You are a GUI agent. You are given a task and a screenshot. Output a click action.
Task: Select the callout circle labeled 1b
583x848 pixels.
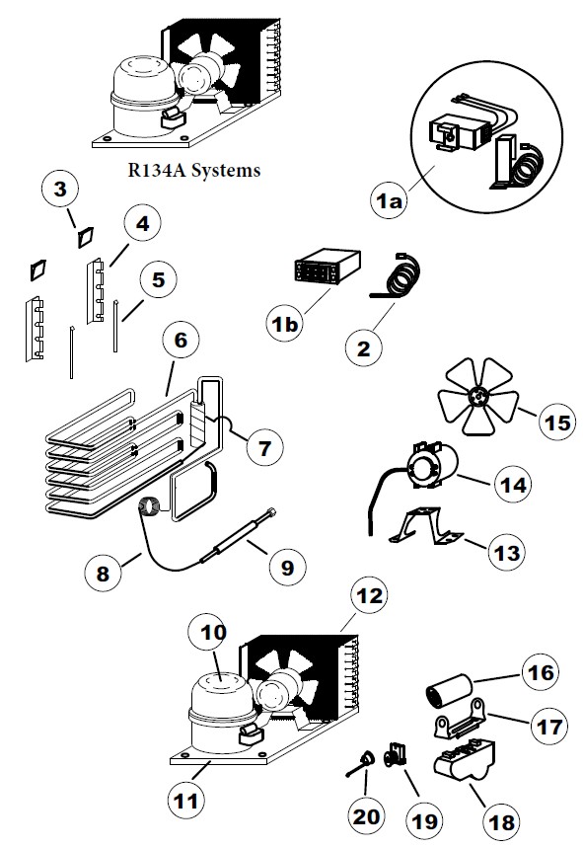pyautogui.click(x=287, y=323)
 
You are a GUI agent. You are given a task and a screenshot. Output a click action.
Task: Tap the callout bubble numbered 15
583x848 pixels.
pyautogui.click(x=556, y=424)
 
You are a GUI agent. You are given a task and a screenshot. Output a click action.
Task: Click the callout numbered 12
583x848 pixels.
pyautogui.click(x=367, y=596)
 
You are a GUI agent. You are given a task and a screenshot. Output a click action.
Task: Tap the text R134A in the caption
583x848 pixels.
pyautogui.click(x=151, y=170)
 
